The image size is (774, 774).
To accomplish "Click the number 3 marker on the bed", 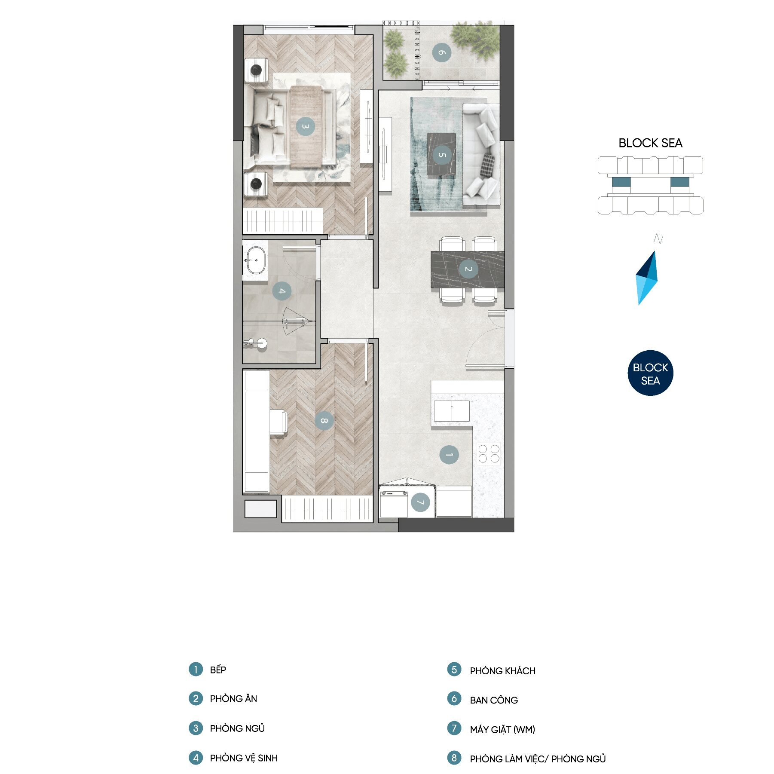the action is pos(305,126).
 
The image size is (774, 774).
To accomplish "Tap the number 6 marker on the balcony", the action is pos(441,53).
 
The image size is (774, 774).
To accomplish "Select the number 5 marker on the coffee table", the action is pos(442,155).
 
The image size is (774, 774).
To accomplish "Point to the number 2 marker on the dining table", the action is pos(468,269).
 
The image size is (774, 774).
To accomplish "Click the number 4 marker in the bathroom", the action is pos(282,291).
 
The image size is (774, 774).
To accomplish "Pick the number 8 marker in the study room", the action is pos(324,420).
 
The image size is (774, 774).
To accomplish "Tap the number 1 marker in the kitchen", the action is pos(449,455).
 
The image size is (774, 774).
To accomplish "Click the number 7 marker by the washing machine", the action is pos(420,502).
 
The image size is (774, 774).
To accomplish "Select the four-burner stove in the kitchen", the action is pos(489,454).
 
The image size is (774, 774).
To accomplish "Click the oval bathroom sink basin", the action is pos(256,260).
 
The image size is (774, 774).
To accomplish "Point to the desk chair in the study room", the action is pos(278,422).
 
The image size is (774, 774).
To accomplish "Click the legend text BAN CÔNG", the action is pos(494,700).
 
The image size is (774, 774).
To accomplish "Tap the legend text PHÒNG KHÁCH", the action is pos(502,671).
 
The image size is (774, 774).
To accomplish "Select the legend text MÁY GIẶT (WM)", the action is pos(502,729).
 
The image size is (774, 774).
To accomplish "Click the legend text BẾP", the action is pos(218,670).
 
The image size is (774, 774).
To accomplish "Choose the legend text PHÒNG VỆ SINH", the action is pos(244,758).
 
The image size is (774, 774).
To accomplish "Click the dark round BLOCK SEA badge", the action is pos(650,373).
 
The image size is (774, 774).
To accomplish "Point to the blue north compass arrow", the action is pos(647,278).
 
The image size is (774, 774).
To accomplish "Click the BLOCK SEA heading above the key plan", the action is pos(650,143).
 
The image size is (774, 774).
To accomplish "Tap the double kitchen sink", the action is pos(452,411).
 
